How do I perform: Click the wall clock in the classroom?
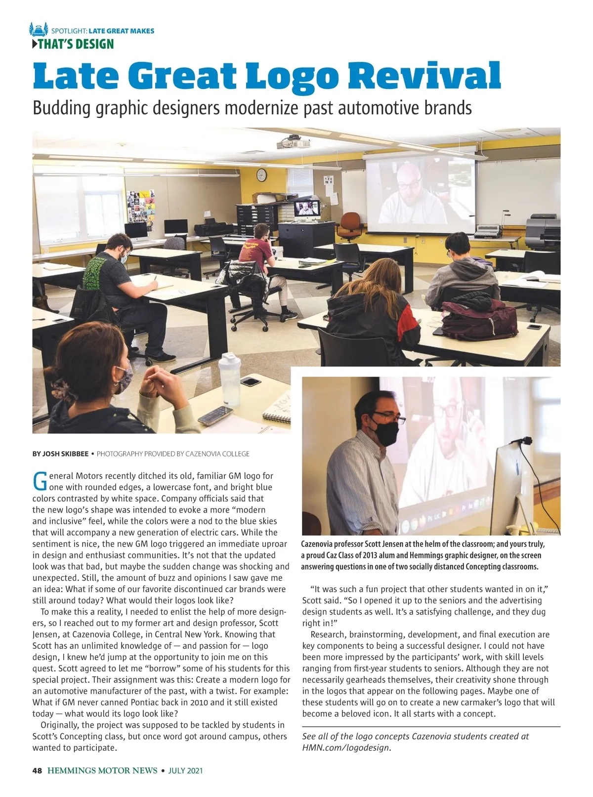pyautogui.click(x=261, y=174)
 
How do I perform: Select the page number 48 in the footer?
pyautogui.click(x=37, y=770)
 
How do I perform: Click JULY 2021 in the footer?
pyautogui.click(x=185, y=770)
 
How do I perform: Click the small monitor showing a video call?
pyautogui.click(x=306, y=209)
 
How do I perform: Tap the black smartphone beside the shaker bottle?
pyautogui.click(x=251, y=381)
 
